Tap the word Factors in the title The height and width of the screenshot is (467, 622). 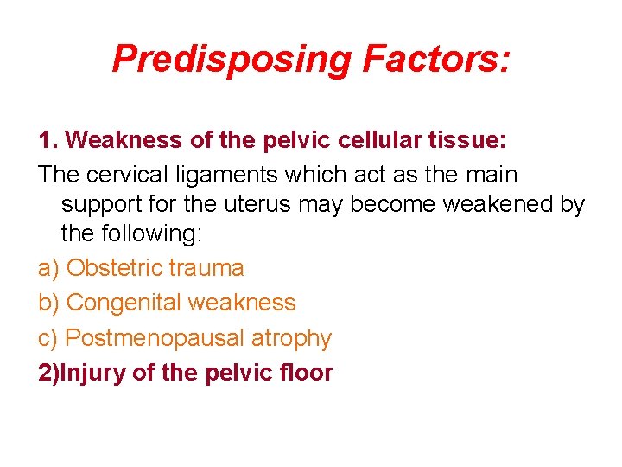click(436, 59)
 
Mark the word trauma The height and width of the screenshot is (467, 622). click(206, 268)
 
